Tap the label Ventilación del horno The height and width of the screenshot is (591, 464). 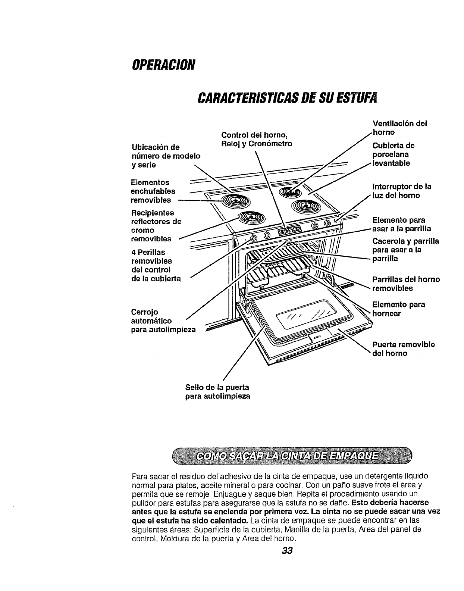399,128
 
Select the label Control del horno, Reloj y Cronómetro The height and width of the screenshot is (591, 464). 257,139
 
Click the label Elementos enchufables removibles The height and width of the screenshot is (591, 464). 153,191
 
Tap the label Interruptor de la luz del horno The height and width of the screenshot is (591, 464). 402,191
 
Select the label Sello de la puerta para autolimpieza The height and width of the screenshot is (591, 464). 217,391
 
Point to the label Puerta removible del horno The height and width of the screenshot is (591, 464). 403,348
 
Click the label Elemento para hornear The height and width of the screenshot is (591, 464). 398,309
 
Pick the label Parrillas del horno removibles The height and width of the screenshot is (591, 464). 406,284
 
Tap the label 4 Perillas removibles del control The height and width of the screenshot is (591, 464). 156,265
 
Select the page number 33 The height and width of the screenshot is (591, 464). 287,550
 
